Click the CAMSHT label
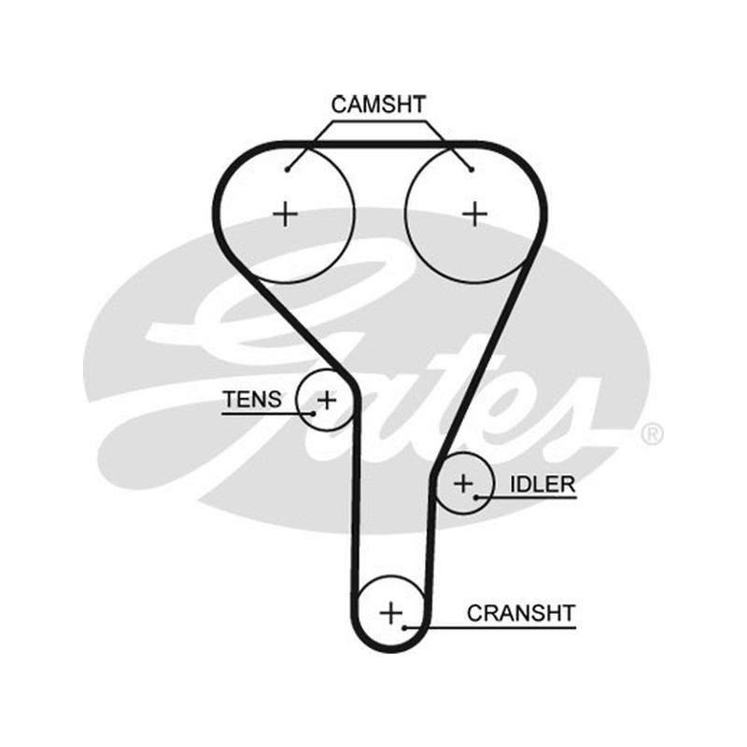pyautogui.click(x=378, y=105)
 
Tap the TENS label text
pyautogui.click(x=252, y=400)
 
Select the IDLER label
pyautogui.click(x=543, y=485)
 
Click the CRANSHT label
pyautogui.click(x=521, y=613)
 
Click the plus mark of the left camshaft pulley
pyautogui.click(x=286, y=214)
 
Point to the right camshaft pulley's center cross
pyautogui.click(x=475, y=214)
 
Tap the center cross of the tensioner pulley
pyautogui.click(x=327, y=400)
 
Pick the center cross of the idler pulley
pyautogui.click(x=463, y=484)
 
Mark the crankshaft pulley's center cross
pyautogui.click(x=391, y=613)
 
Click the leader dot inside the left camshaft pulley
pyautogui.click(x=287, y=170)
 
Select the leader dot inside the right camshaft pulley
pyautogui.click(x=472, y=170)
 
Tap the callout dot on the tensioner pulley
pyautogui.click(x=313, y=414)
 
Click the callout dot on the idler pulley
pyautogui.click(x=476, y=498)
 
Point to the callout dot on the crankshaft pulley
pyautogui.click(x=404, y=627)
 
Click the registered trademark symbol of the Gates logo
pyautogui.click(x=652, y=434)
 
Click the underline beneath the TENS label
pyautogui.click(x=267, y=414)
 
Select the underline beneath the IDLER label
pyautogui.click(x=526, y=498)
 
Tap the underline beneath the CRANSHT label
pyautogui.click(x=490, y=627)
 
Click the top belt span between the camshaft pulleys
pyautogui.click(x=380, y=145)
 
